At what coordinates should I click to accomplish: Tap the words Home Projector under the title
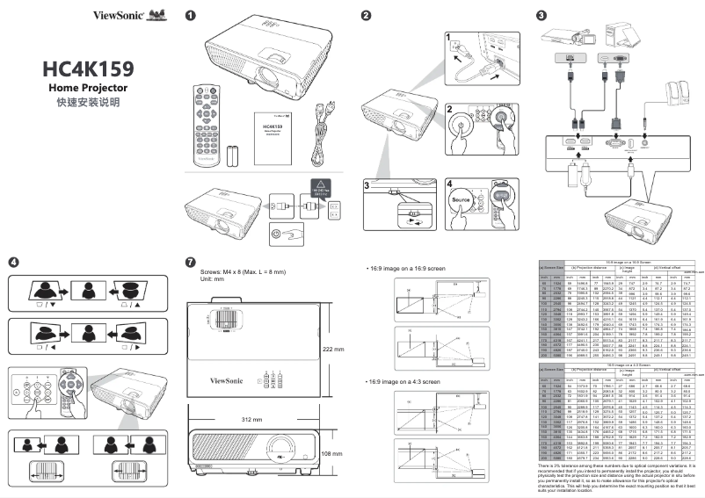[x=88, y=89]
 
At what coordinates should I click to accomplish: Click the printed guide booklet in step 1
[x=278, y=137]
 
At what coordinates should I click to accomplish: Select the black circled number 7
[x=191, y=262]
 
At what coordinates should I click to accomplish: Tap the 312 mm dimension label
[x=251, y=421]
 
